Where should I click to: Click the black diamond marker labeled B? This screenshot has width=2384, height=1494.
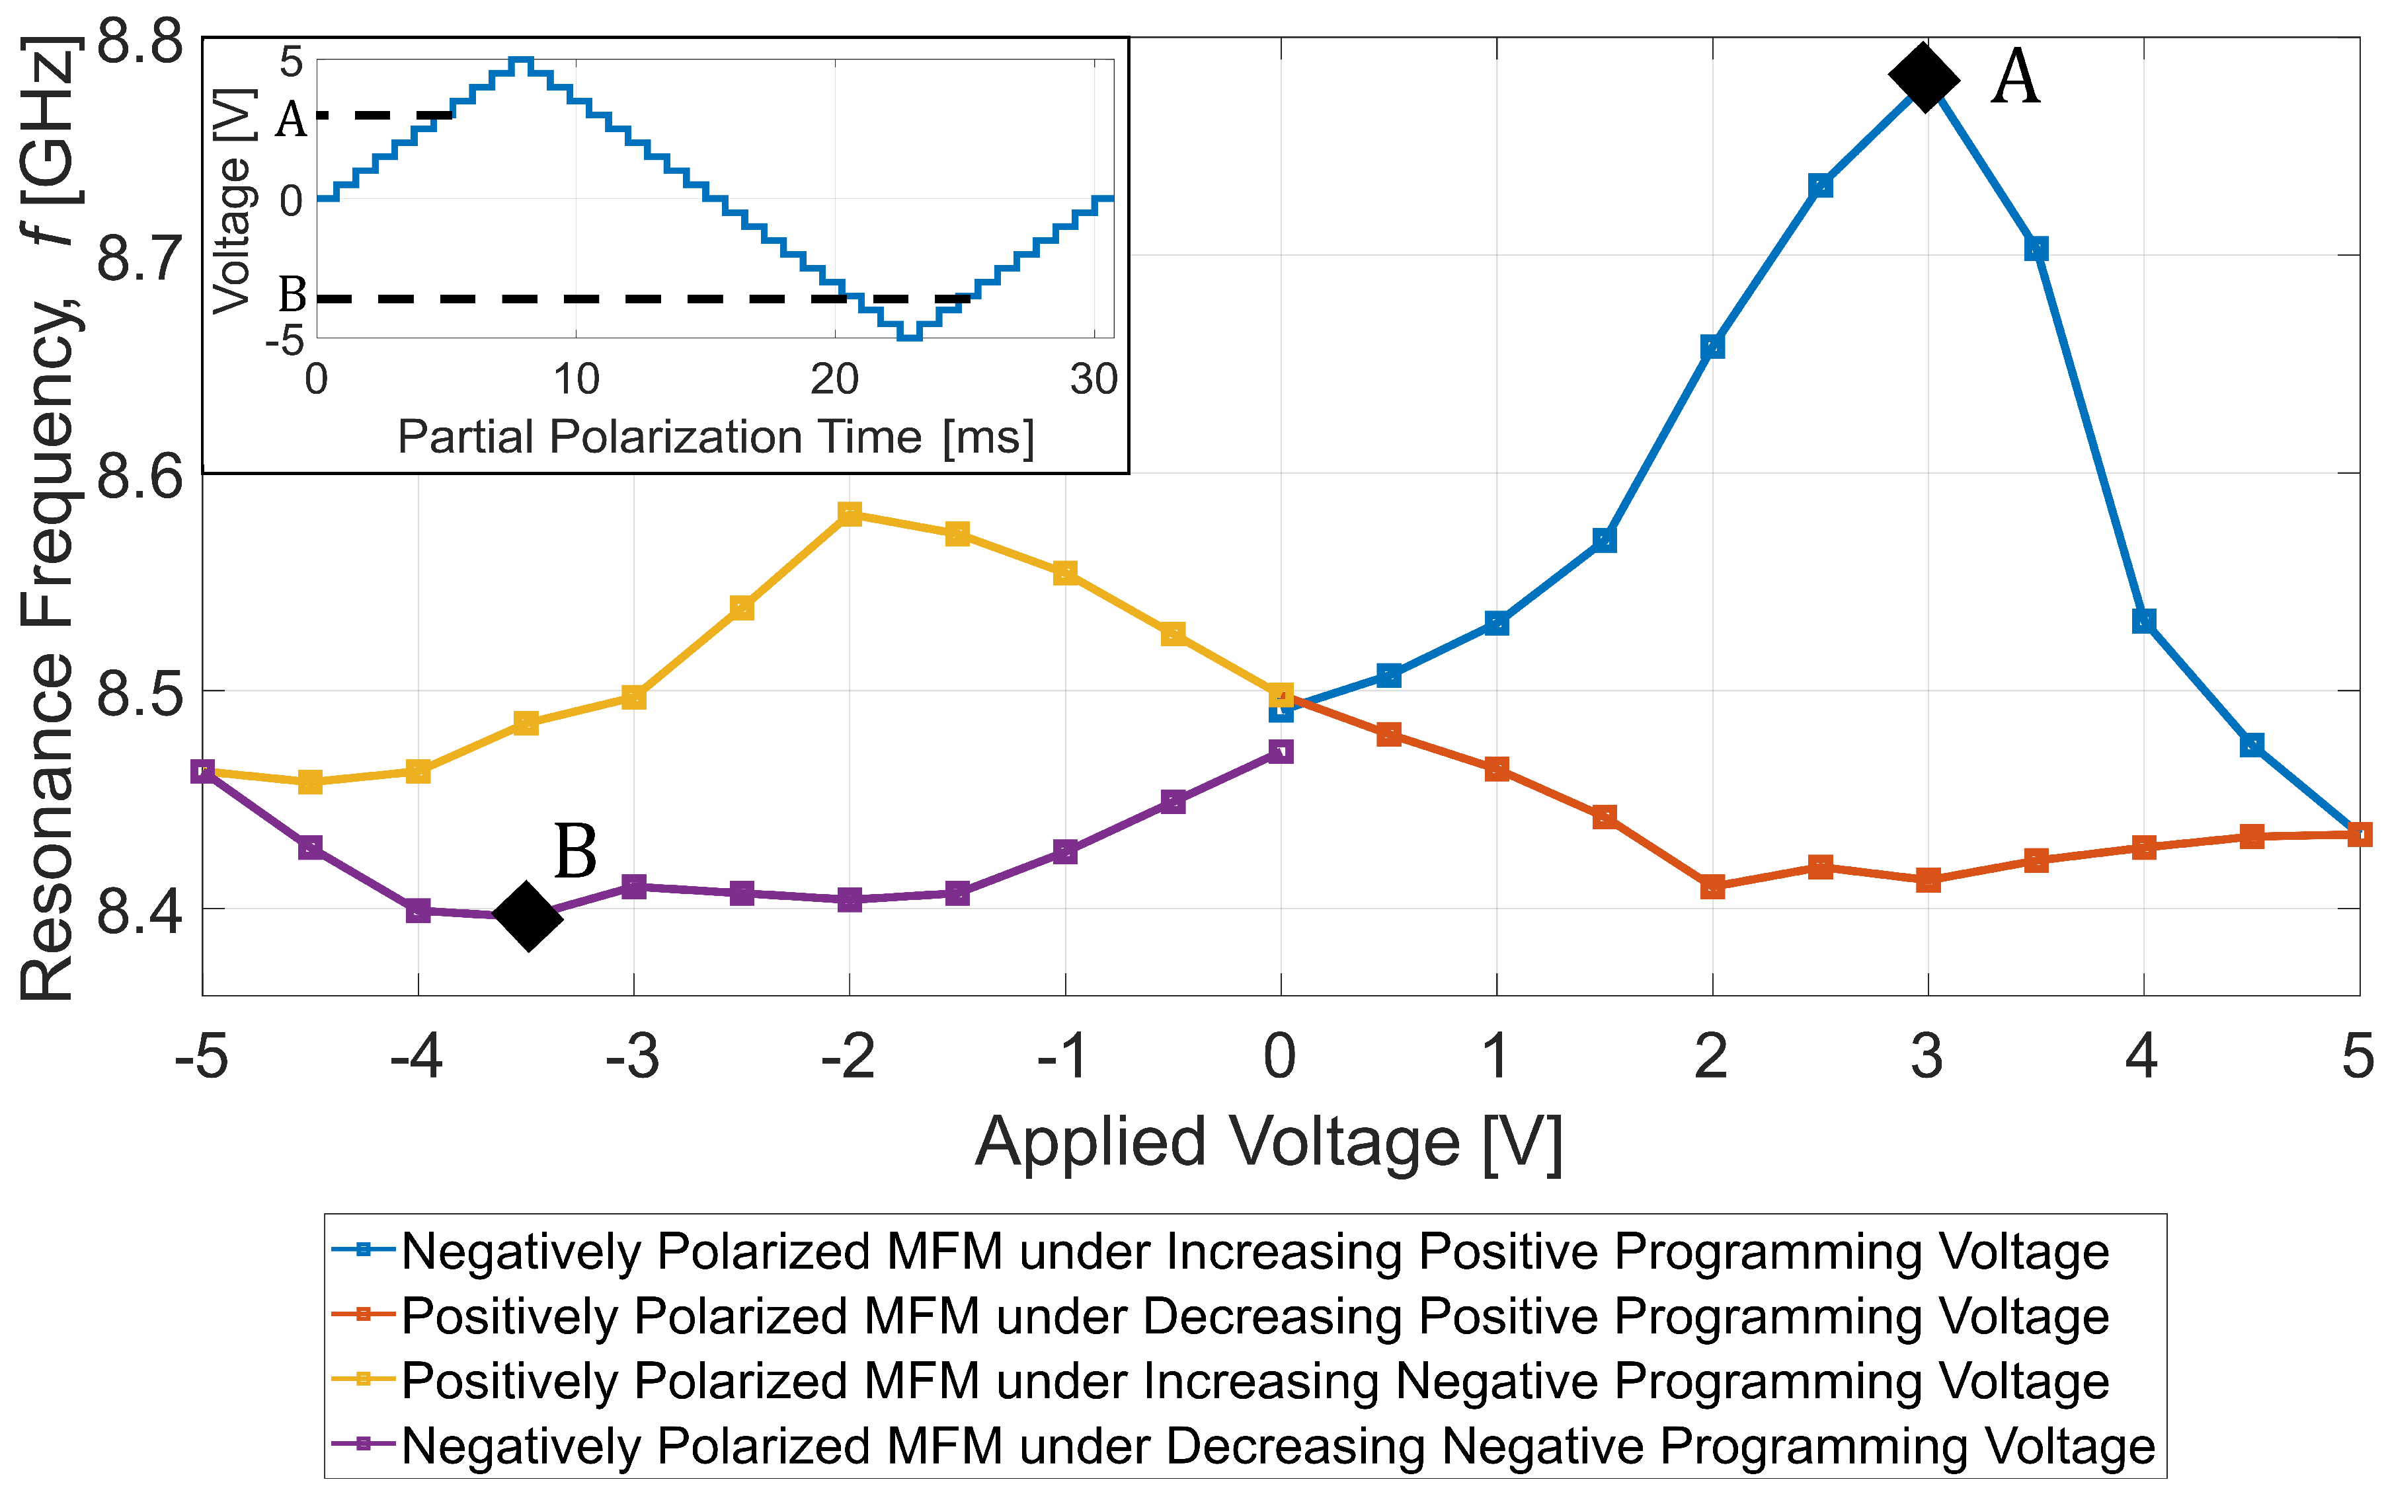[528, 916]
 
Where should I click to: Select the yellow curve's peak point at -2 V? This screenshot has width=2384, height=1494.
[849, 514]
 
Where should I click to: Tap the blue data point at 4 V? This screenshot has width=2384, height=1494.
[2143, 620]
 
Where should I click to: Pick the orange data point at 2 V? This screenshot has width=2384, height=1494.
[1712, 886]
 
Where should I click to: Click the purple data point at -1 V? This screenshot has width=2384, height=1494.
[1064, 851]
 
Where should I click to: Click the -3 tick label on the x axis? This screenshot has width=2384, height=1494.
[633, 1057]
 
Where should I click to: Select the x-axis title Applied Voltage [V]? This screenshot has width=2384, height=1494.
[1268, 1142]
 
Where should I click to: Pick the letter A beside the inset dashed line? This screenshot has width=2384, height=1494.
[291, 120]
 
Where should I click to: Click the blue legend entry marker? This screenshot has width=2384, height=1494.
[363, 1250]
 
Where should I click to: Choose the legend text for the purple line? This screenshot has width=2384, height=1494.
[1278, 1444]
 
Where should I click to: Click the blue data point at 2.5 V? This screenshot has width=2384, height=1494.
[1819, 186]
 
